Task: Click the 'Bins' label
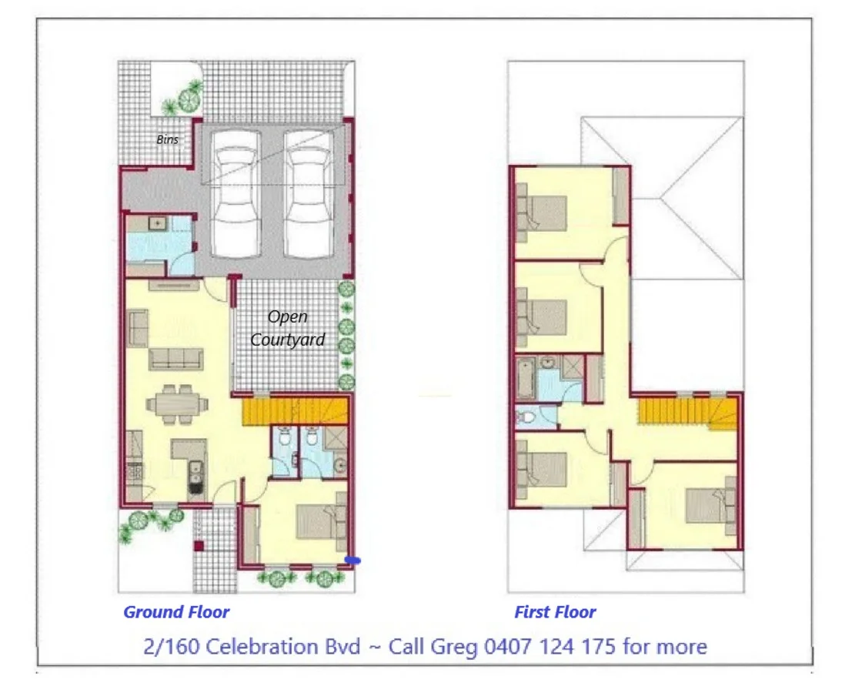167,140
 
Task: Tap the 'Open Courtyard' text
288,327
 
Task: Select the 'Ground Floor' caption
176,612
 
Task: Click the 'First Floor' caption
555,612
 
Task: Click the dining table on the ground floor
177,403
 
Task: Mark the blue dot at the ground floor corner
352,561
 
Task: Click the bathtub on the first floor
527,378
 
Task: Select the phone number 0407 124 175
550,645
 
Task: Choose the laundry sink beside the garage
157,223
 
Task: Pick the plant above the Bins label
189,98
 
